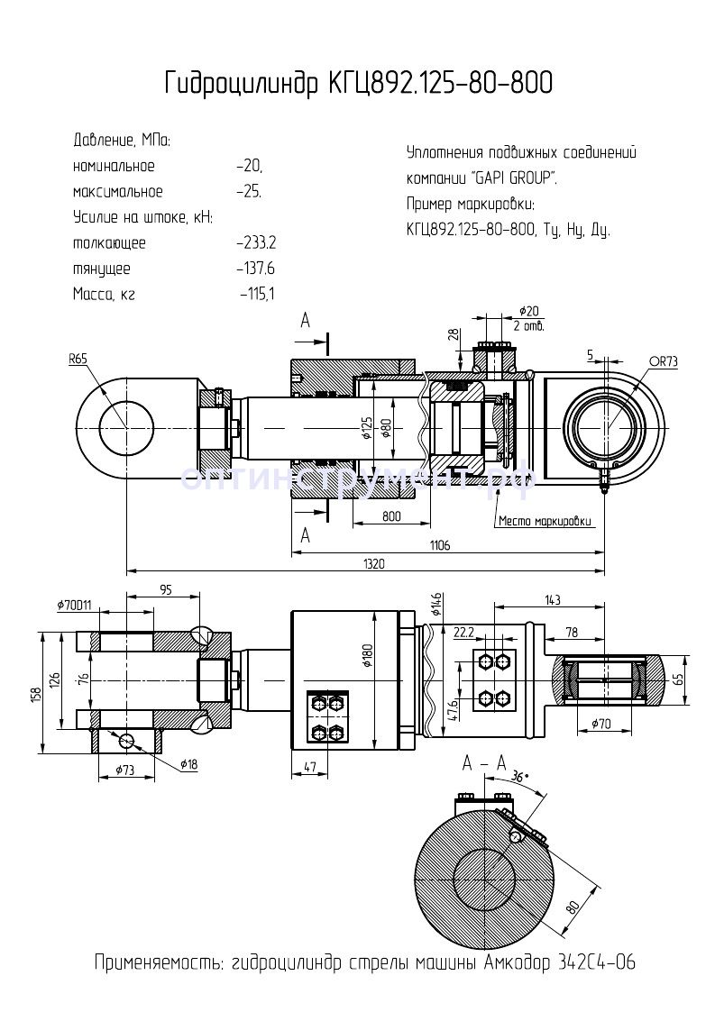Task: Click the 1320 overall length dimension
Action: point(373,564)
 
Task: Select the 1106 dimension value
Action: point(439,545)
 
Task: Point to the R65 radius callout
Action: point(78,358)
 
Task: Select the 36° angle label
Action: point(518,776)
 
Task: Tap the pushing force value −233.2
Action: point(256,243)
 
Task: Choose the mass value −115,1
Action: point(258,294)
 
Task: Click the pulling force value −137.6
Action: point(256,269)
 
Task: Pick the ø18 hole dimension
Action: point(188,764)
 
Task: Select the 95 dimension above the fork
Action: point(164,589)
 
